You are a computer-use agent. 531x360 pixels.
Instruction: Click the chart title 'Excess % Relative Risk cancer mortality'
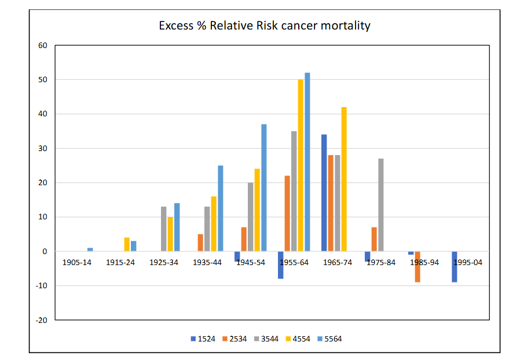click(265, 26)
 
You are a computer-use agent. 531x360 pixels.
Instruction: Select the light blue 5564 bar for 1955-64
click(307, 162)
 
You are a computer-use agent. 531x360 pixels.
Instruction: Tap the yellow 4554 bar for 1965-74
click(345, 179)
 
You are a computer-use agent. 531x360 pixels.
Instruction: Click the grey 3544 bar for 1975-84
click(381, 205)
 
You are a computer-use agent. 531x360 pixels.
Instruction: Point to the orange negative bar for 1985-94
click(418, 267)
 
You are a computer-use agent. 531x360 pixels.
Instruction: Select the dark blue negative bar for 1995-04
click(455, 267)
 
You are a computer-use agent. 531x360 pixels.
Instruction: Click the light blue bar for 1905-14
click(90, 249)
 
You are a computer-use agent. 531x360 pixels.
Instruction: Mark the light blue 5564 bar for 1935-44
click(220, 208)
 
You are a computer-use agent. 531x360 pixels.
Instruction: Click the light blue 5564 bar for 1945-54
click(264, 188)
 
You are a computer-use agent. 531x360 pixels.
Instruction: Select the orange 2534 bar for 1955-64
click(287, 214)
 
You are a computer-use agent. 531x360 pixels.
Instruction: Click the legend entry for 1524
click(202, 339)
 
